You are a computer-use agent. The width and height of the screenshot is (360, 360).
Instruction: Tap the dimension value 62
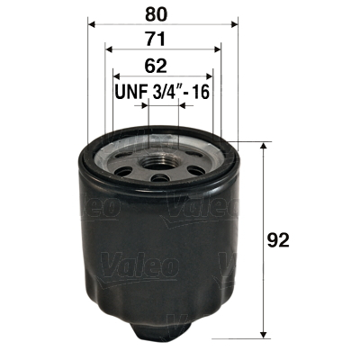click(x=161, y=66)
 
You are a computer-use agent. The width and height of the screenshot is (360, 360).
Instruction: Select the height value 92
click(x=283, y=240)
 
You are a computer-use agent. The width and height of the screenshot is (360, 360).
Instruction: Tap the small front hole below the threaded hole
click(x=160, y=178)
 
